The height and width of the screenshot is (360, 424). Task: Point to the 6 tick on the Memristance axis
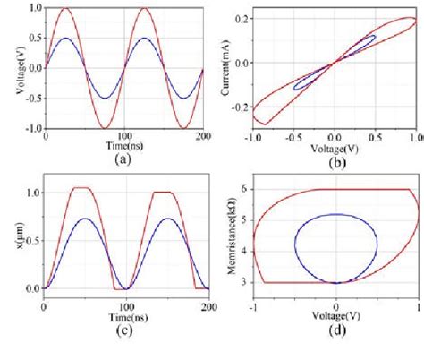pos(246,189)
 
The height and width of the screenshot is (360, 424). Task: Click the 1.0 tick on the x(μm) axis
pos(29,192)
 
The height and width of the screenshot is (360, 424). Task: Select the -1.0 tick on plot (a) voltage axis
pos(27,127)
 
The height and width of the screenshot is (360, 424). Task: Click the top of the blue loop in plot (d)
pos(336,214)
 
